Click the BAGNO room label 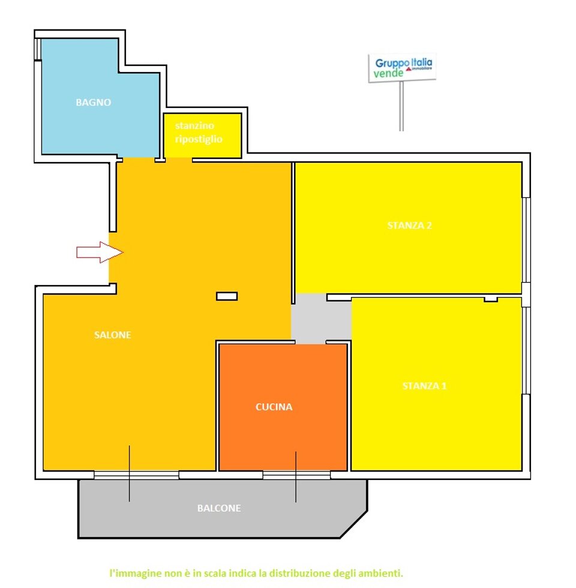(94, 103)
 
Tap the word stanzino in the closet (194, 125)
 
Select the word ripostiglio (199, 139)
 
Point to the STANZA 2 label (409, 226)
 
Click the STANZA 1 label (425, 386)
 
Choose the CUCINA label (274, 407)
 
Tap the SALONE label (113, 335)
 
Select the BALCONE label (219, 508)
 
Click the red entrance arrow (100, 253)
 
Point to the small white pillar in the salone (227, 296)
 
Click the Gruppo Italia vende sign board (402, 67)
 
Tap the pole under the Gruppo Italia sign (401, 106)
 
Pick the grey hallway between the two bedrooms (321, 319)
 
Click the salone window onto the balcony (137, 475)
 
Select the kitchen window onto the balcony (296, 475)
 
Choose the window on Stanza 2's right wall (526, 240)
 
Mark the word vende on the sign (389, 73)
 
